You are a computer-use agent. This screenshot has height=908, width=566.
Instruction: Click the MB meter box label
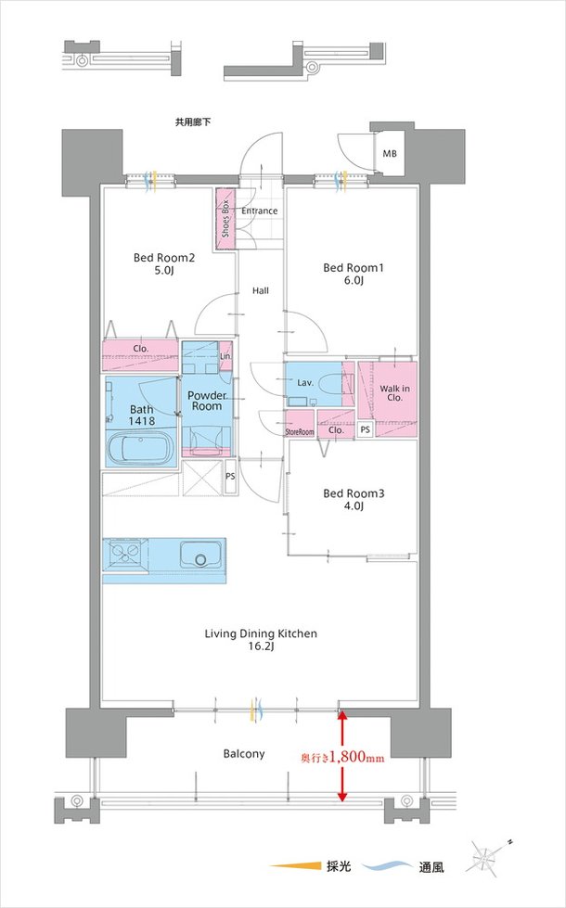pos(390,154)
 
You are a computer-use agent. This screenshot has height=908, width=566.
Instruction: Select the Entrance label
pos(260,211)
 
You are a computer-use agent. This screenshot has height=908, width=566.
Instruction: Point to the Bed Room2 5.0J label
pos(164,263)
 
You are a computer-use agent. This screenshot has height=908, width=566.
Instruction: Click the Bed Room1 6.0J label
pos(354,274)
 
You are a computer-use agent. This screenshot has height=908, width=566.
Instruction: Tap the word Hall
pos(260,290)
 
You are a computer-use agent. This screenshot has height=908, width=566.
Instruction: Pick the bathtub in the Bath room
pos(141,448)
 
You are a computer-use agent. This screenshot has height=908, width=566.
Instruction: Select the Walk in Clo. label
pos(394,393)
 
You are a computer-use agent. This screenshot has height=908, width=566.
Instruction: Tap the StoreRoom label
pos(300,432)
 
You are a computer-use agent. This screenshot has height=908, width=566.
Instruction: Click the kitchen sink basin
pos(201,555)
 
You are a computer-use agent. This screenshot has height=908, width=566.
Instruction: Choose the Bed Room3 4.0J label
pos(354,500)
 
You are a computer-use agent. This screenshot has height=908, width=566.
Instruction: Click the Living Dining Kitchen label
pos(261,639)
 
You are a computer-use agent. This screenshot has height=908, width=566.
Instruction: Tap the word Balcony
pos(244,753)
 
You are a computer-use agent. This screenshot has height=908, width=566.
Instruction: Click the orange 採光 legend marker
pos(296,866)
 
